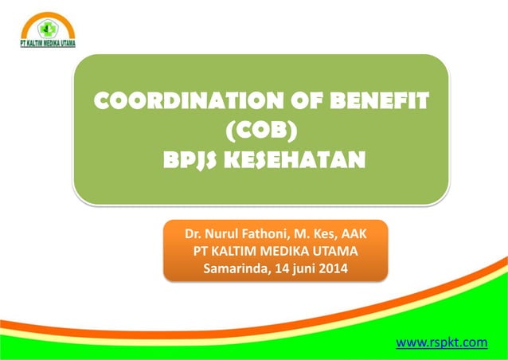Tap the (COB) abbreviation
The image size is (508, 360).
[x=262, y=131]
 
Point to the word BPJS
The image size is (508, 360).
[x=190, y=160]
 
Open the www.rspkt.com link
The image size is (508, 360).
[x=441, y=342]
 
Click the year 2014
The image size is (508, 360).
[x=333, y=268]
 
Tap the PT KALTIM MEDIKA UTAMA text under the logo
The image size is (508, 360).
[x=48, y=44]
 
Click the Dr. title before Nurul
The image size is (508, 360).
[x=193, y=236]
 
